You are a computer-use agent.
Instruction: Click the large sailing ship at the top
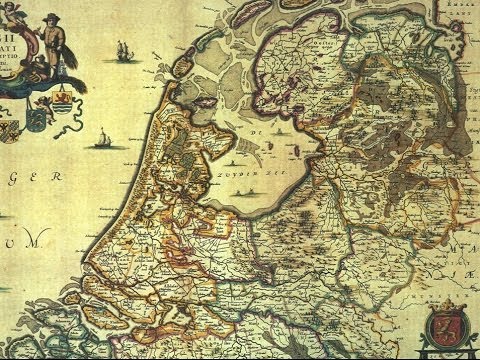(x=123, y=49)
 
